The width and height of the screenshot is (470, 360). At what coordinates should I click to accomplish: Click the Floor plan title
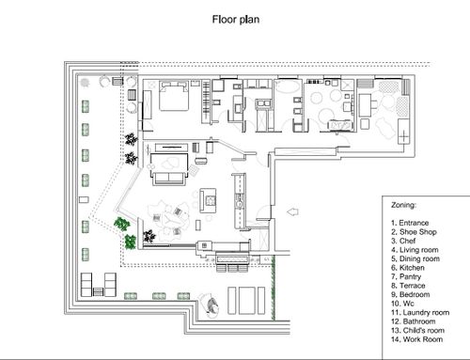point(236,20)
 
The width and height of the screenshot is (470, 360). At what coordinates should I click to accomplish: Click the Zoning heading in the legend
point(403,205)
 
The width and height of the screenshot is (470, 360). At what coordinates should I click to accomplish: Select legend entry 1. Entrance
point(410,223)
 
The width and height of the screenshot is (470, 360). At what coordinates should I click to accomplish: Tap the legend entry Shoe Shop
point(414,232)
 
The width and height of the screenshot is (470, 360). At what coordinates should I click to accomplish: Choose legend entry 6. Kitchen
point(408,268)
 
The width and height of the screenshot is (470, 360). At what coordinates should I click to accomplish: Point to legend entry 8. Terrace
point(408,286)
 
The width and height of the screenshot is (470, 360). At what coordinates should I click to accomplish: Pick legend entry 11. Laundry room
point(420,312)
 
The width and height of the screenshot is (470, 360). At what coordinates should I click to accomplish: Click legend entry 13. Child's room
point(417,330)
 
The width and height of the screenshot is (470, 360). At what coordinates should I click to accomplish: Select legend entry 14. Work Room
point(417,339)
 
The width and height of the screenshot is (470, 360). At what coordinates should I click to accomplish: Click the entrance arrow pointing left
point(292,212)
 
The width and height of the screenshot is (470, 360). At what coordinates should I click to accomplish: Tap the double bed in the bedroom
point(174,96)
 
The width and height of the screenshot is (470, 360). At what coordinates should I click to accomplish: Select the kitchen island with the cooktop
point(208,201)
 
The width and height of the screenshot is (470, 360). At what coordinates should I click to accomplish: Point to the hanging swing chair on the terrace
point(211,305)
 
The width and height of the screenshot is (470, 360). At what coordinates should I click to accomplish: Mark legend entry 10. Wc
point(402,304)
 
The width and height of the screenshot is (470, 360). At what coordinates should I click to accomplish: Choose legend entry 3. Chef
point(403,241)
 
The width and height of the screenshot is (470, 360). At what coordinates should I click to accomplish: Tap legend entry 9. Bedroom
point(411,294)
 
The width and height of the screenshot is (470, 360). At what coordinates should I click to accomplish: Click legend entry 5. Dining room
point(415,258)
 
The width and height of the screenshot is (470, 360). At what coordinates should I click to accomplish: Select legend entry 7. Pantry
point(406,276)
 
